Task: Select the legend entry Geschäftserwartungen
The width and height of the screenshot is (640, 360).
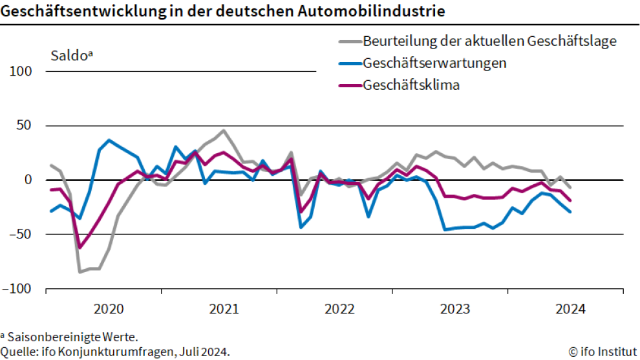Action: tap(434, 63)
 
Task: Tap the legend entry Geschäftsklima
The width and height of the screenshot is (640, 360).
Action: tap(411, 85)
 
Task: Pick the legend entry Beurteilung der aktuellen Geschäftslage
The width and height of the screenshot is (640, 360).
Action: tap(489, 41)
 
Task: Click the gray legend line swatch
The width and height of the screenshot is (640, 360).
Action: tap(349, 42)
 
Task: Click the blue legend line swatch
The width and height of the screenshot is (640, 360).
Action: tap(349, 64)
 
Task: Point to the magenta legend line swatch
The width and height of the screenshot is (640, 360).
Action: tap(349, 85)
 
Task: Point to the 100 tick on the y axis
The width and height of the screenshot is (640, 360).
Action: tap(21, 71)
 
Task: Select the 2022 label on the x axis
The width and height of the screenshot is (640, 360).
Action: tap(339, 309)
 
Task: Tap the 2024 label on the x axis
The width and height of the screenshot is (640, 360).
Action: tap(570, 309)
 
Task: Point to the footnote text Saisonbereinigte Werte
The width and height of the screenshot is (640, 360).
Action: tap(72, 337)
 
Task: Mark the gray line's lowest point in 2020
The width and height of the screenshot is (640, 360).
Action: tap(80, 271)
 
